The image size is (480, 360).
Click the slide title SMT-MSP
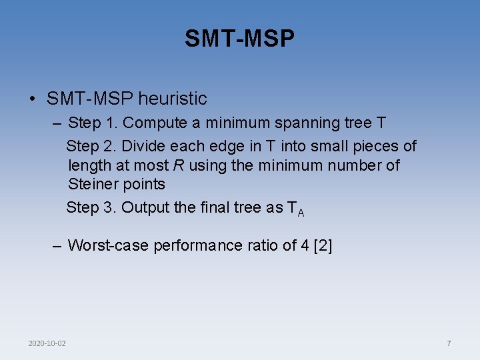tap(239, 39)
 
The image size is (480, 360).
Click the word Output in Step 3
tap(145, 207)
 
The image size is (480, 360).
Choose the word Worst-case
tap(108, 246)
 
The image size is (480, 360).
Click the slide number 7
tap(449, 343)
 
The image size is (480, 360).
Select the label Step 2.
tap(91, 146)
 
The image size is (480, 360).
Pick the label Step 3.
tap(91, 207)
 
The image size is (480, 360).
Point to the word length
tap(88, 165)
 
